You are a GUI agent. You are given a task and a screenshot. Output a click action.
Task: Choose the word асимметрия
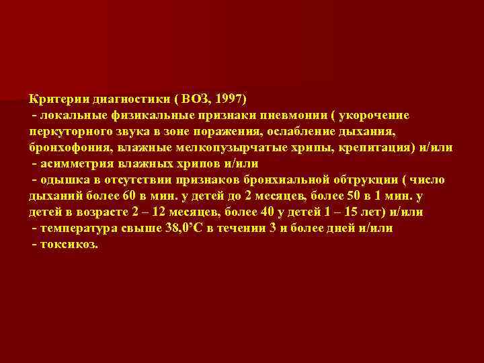[77, 163]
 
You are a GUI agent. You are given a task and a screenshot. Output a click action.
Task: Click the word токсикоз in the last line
[69, 244]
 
